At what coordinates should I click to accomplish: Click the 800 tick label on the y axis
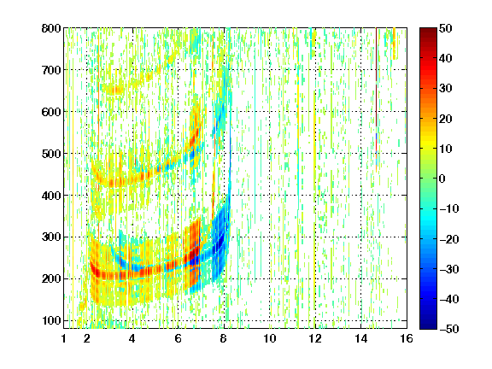(51, 28)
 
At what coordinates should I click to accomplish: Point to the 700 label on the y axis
(51, 70)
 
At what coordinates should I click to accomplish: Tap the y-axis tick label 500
(51, 154)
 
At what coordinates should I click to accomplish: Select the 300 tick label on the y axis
(51, 237)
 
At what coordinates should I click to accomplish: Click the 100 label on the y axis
(51, 320)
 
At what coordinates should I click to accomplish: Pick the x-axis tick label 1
(64, 338)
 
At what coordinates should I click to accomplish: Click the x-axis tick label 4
(132, 338)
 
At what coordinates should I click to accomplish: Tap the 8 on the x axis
(223, 338)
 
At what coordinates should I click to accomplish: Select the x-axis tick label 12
(315, 338)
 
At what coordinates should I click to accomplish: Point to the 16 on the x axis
(407, 338)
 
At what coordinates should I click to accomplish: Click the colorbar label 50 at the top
(446, 28)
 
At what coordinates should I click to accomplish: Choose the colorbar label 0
(442, 179)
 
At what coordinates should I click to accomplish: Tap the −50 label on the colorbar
(449, 329)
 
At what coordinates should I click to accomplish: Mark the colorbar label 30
(446, 89)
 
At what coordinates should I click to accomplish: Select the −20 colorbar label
(449, 239)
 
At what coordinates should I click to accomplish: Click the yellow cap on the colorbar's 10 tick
(428, 148)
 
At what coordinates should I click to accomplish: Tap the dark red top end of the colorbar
(428, 32)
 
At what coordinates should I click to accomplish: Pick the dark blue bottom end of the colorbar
(428, 325)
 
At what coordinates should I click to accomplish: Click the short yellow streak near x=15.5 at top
(394, 44)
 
